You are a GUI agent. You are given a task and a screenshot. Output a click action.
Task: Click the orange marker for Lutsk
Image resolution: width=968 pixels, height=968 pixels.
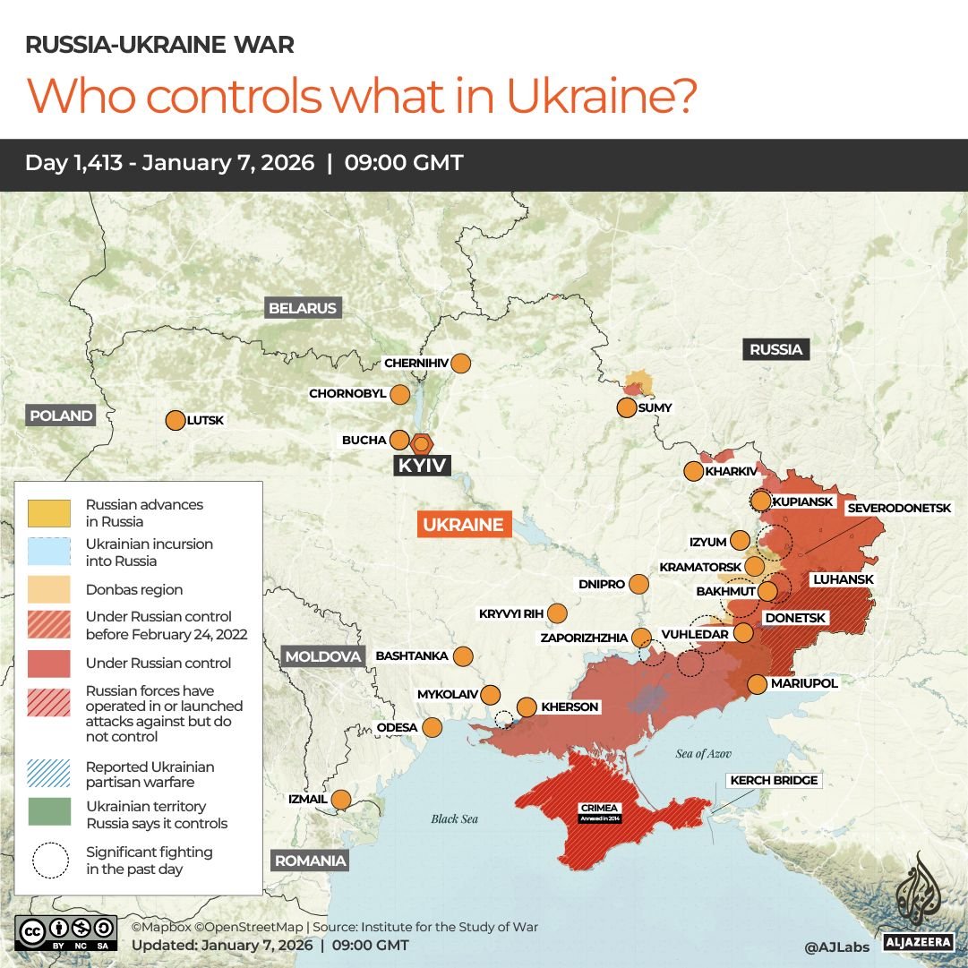coord(175,420)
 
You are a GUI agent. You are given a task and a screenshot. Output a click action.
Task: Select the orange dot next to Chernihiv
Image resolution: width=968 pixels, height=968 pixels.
coord(461,364)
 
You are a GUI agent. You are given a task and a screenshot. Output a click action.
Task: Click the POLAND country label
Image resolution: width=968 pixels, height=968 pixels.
coord(61,415)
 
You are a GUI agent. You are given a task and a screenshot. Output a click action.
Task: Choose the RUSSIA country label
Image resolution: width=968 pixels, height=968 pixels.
coord(775,349)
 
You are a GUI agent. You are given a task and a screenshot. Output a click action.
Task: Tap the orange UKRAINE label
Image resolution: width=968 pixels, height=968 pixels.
coord(464,525)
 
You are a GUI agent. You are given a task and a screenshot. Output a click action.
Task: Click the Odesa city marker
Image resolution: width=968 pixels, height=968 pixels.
coord(433,727)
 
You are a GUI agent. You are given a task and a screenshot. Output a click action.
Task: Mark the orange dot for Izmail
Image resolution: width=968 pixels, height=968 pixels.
coord(341,799)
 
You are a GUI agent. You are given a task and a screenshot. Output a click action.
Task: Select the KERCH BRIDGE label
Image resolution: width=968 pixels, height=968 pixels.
coord(774,781)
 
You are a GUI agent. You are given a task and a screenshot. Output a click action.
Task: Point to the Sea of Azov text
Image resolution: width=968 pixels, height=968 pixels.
coord(704,754)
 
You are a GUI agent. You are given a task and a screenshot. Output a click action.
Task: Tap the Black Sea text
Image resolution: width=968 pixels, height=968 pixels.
coord(455,818)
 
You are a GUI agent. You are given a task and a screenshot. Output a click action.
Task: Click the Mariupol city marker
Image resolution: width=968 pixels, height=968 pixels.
coord(757,684)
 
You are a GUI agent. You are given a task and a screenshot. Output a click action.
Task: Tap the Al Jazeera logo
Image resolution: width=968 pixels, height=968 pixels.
coord(913,901)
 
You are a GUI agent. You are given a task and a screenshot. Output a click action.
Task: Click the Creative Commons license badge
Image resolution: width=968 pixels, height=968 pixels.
coord(65,931)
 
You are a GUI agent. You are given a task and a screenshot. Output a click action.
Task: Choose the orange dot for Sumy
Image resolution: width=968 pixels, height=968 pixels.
coord(627,408)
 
